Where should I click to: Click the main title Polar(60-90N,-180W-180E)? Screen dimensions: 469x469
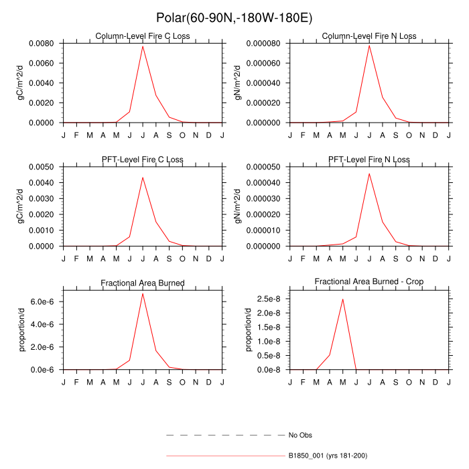[x=234, y=17]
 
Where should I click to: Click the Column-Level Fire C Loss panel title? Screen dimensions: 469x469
[x=143, y=36]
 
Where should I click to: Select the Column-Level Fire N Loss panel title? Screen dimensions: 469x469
[x=369, y=36]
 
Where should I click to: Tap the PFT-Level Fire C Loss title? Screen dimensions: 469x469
[x=143, y=159]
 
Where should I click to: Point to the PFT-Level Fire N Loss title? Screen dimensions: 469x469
[x=369, y=159]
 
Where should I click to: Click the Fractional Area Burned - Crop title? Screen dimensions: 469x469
[x=369, y=281]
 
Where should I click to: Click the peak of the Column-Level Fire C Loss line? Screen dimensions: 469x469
[x=143, y=46]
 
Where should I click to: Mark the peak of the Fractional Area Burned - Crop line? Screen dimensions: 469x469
[x=342, y=299]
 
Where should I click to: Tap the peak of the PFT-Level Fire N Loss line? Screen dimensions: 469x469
[x=369, y=174]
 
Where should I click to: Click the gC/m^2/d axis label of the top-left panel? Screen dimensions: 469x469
[x=21, y=83]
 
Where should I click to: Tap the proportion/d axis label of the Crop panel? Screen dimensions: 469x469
[x=248, y=329]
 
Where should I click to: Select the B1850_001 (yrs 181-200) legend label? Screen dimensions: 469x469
[x=328, y=456]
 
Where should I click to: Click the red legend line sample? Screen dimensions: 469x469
[x=225, y=456]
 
